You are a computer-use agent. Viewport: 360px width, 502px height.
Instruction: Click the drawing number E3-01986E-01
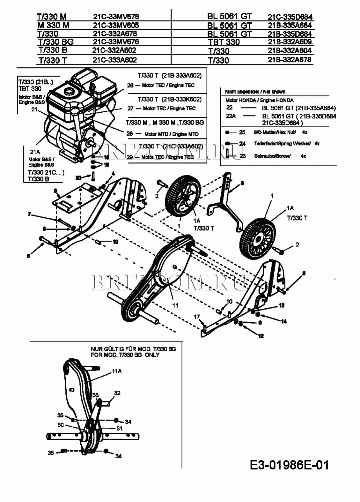(289, 465)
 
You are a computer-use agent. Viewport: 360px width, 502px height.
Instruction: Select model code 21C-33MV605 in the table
(116, 25)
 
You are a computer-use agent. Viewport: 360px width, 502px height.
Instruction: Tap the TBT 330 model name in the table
(224, 42)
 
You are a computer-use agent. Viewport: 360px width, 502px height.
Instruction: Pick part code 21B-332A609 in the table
(290, 42)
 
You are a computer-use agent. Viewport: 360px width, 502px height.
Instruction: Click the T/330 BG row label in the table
(56, 42)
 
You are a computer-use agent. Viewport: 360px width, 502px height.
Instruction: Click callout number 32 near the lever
(117, 393)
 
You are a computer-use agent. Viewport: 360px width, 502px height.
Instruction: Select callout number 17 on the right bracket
(197, 317)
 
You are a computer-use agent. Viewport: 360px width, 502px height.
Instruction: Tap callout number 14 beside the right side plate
(284, 321)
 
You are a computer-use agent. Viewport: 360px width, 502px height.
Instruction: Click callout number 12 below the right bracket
(261, 336)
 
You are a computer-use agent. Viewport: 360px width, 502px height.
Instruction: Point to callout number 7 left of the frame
(29, 214)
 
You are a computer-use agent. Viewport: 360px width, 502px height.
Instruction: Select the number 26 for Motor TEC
(130, 85)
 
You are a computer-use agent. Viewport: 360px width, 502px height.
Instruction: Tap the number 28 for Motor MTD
(129, 133)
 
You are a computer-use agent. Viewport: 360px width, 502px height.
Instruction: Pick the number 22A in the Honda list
(231, 116)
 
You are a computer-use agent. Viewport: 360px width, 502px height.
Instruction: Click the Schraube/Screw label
(272, 156)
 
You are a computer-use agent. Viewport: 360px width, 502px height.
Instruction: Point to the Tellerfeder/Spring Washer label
(282, 144)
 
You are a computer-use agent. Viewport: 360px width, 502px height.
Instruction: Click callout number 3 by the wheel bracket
(242, 183)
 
